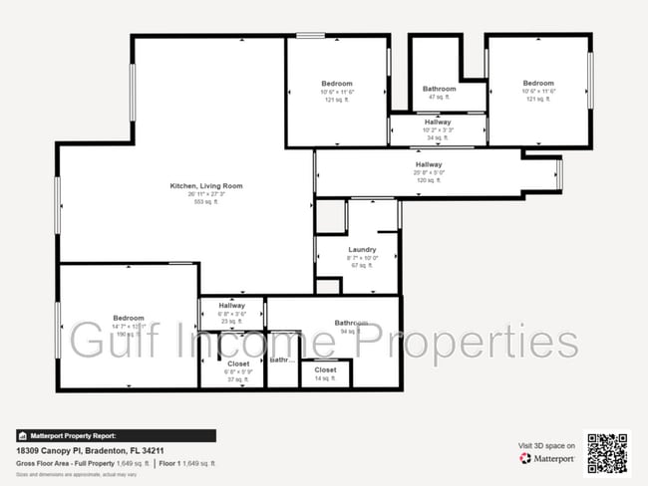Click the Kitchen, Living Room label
(x=206, y=186)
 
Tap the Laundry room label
(x=362, y=249)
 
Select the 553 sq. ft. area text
(x=206, y=202)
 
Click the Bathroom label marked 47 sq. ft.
(x=440, y=89)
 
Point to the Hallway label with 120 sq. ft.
(x=429, y=164)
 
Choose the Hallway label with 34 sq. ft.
(x=438, y=121)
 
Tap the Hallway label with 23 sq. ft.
(x=231, y=306)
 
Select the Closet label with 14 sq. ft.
(x=326, y=370)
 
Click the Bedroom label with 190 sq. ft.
(x=129, y=318)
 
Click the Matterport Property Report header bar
(x=116, y=435)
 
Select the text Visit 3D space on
(x=543, y=445)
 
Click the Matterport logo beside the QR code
(x=548, y=459)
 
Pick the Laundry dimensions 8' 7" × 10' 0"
(x=362, y=257)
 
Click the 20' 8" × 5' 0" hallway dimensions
(x=429, y=172)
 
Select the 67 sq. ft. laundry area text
(x=362, y=265)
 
